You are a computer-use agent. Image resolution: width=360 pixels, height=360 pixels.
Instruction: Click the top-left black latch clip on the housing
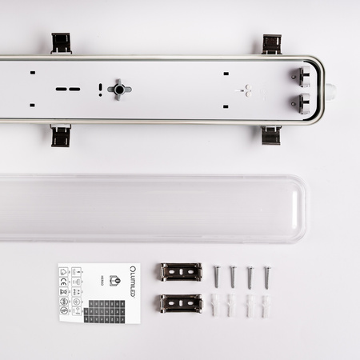(62, 42)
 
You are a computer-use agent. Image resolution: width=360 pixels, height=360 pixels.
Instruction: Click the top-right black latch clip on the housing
(271, 44)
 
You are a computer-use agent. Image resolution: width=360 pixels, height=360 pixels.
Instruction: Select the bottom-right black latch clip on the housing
(270, 135)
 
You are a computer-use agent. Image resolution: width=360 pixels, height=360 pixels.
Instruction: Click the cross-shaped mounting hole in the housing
(119, 90)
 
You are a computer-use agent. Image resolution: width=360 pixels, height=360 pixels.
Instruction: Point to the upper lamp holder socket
(305, 77)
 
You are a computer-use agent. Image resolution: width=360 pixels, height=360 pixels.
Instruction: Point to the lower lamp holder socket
(305, 102)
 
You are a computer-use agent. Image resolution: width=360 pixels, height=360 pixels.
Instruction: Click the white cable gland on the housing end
(329, 90)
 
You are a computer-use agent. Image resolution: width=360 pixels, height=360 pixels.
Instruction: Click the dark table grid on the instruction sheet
(104, 311)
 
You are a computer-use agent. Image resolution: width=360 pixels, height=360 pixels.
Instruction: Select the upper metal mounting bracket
(181, 272)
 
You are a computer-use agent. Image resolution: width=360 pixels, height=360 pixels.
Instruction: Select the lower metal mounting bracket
(181, 303)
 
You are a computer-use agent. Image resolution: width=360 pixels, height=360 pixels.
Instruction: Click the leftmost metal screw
(216, 276)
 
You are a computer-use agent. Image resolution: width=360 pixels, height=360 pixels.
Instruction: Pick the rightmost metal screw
(266, 276)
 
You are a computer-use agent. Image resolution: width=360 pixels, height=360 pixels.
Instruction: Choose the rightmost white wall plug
(266, 305)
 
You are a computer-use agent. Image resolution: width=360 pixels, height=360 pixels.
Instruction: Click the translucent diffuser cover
(152, 208)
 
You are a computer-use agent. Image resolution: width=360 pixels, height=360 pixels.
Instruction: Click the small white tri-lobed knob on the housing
(246, 90)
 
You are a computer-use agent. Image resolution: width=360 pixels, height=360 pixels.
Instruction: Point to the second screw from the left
(233, 276)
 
